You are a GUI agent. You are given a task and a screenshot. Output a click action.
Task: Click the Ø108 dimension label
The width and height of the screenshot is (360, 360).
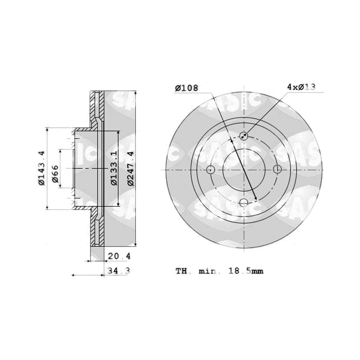(x=186, y=88)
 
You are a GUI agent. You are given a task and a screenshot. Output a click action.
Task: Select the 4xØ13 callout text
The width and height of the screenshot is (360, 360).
(x=301, y=87)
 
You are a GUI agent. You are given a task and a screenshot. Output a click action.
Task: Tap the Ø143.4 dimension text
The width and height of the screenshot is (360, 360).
(x=41, y=168)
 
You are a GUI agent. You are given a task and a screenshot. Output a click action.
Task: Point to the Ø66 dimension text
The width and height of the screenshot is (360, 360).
(x=55, y=174)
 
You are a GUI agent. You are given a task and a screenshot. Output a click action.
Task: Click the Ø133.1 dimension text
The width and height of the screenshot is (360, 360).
(x=114, y=168)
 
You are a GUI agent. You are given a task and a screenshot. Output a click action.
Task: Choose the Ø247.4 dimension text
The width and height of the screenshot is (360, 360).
(x=130, y=168)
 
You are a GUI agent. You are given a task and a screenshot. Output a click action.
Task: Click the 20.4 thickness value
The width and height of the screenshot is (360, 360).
(x=119, y=256)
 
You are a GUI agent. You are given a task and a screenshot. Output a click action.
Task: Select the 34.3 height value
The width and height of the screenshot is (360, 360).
(x=119, y=271)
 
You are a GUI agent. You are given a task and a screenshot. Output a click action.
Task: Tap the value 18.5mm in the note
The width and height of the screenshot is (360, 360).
(x=246, y=271)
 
